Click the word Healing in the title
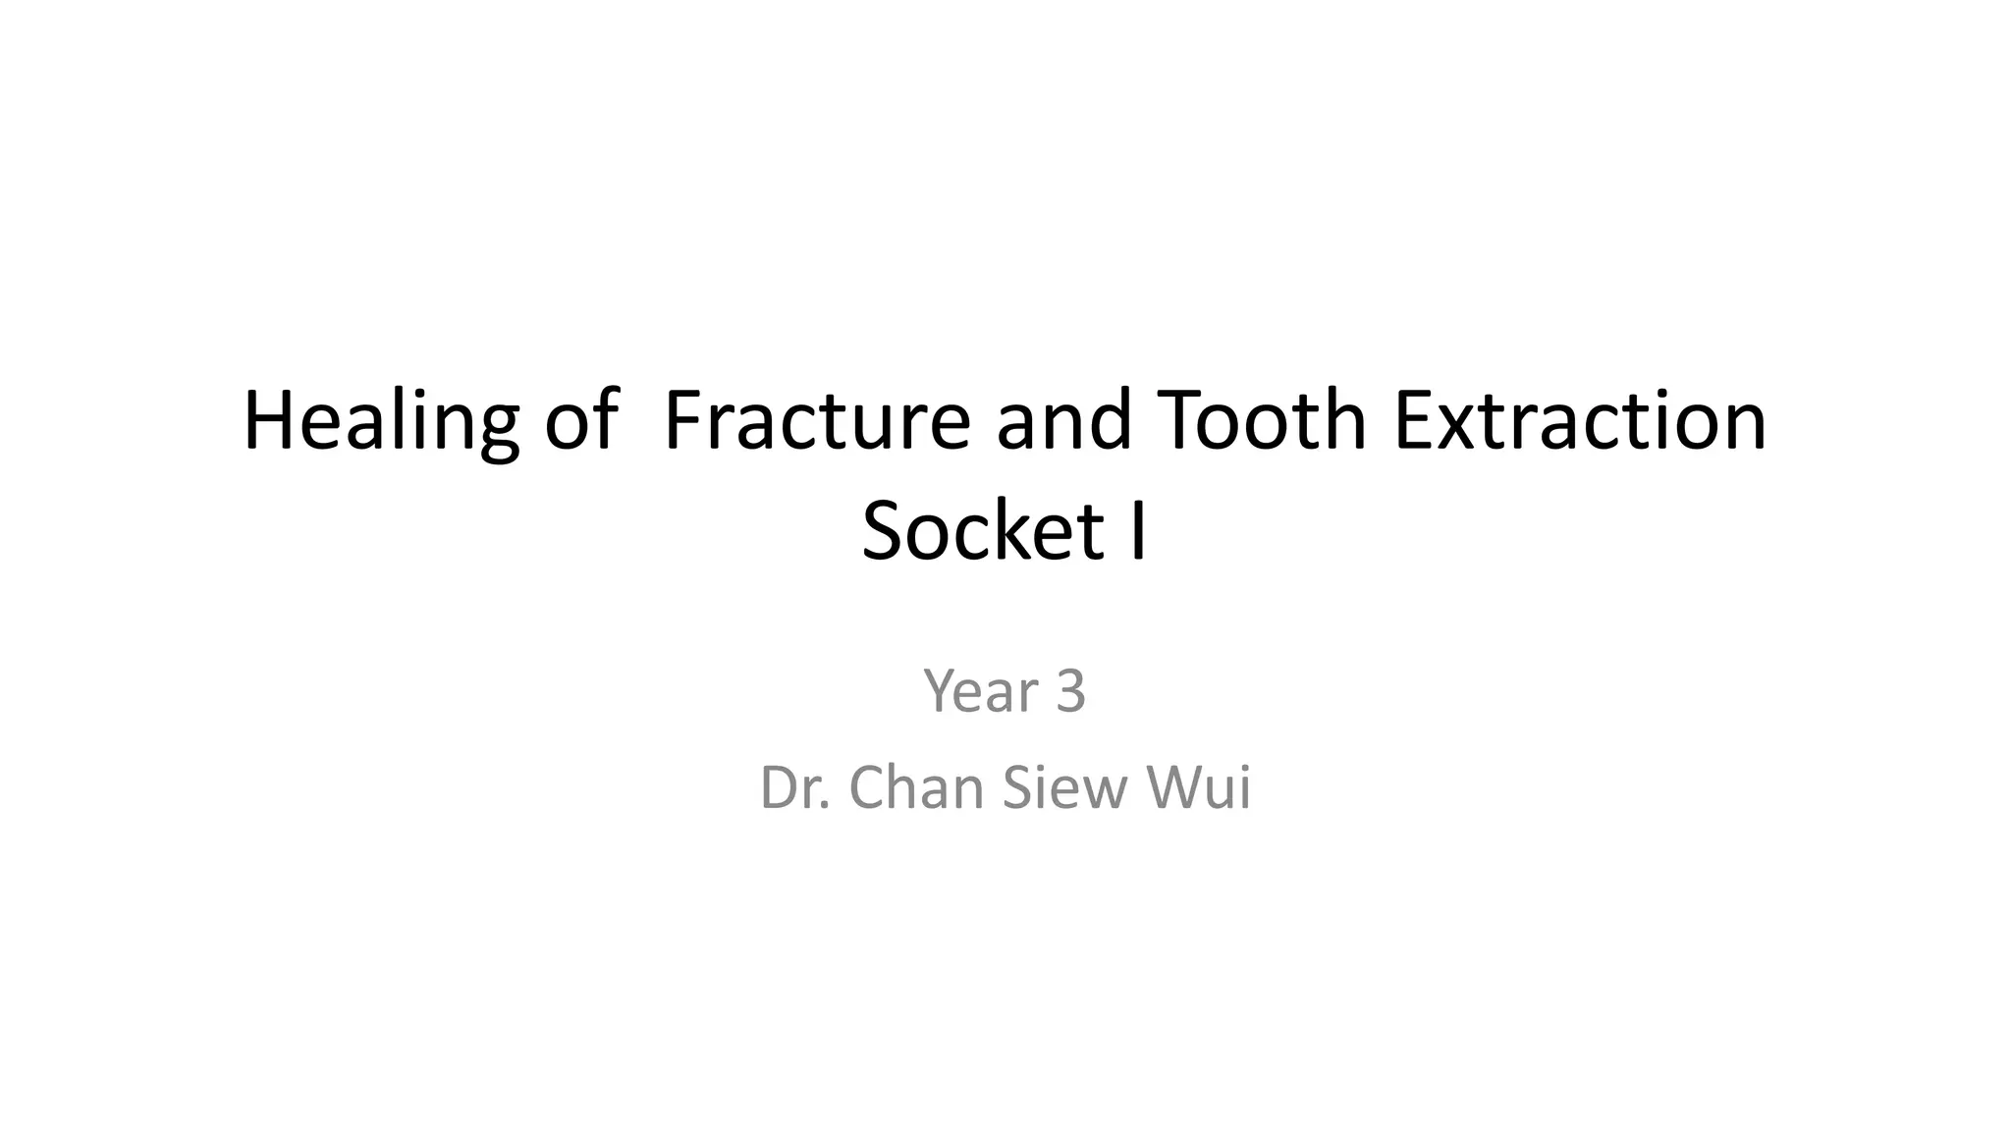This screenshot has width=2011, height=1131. pyautogui.click(x=380, y=422)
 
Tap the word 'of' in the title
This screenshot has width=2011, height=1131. pyautogui.click(x=580, y=422)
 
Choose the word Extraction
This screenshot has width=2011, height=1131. pyautogui.click(x=1580, y=422)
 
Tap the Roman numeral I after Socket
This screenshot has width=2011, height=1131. pyautogui.click(x=1138, y=532)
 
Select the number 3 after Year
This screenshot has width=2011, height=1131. pyautogui.click(x=1070, y=691)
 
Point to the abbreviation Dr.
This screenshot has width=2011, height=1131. pyautogui.click(x=796, y=787)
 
